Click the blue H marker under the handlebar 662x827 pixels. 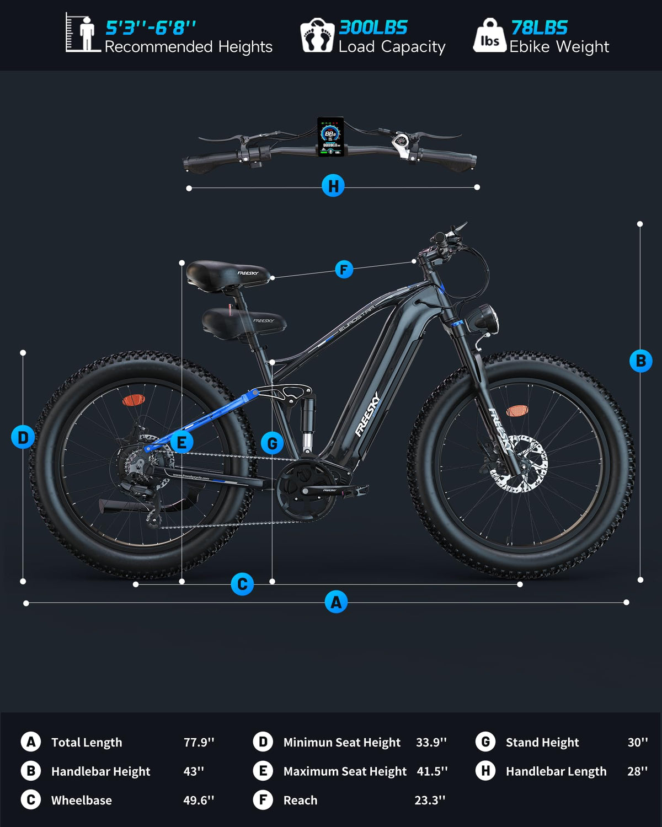tap(333, 186)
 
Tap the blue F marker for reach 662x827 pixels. tap(344, 270)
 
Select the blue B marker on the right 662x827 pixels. tap(640, 361)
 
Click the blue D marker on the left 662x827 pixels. tap(23, 437)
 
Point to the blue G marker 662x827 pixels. tap(272, 443)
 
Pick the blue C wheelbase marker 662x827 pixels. tap(242, 584)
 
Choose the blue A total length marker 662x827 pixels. tap(336, 602)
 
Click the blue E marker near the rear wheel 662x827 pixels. tap(181, 442)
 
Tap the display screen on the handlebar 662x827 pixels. tap(330, 136)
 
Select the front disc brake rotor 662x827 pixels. tap(519, 464)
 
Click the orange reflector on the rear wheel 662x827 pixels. tap(132, 400)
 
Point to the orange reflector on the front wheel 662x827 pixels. tap(517, 410)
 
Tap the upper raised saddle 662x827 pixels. tap(228, 273)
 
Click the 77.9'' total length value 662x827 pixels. tap(199, 742)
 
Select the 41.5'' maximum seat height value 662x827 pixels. tap(432, 771)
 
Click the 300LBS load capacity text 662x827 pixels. tap(373, 28)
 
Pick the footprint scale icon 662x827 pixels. tap(317, 36)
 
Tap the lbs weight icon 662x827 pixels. tap(489, 36)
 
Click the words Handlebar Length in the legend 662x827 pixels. tap(556, 771)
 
